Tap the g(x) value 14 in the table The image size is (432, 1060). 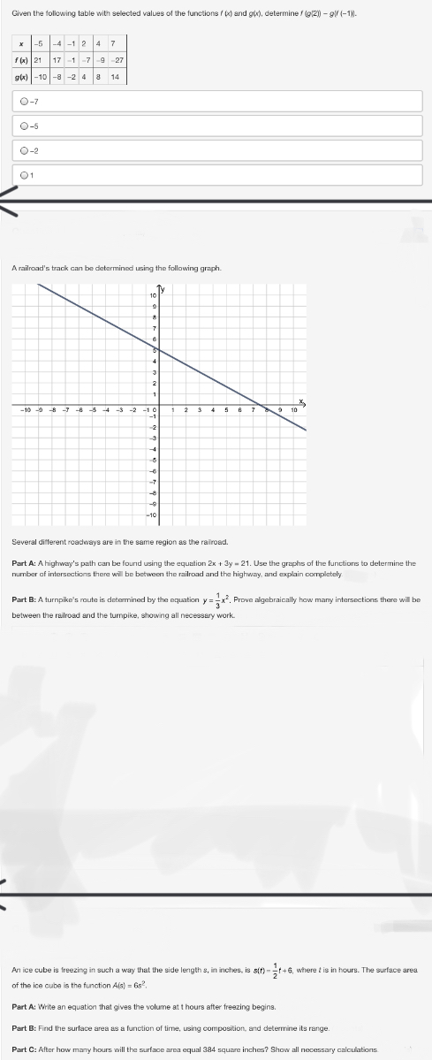pyautogui.click(x=114, y=76)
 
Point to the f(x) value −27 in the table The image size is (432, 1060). pyautogui.click(x=114, y=60)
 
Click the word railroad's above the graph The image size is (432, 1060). pyautogui.click(x=45, y=267)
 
